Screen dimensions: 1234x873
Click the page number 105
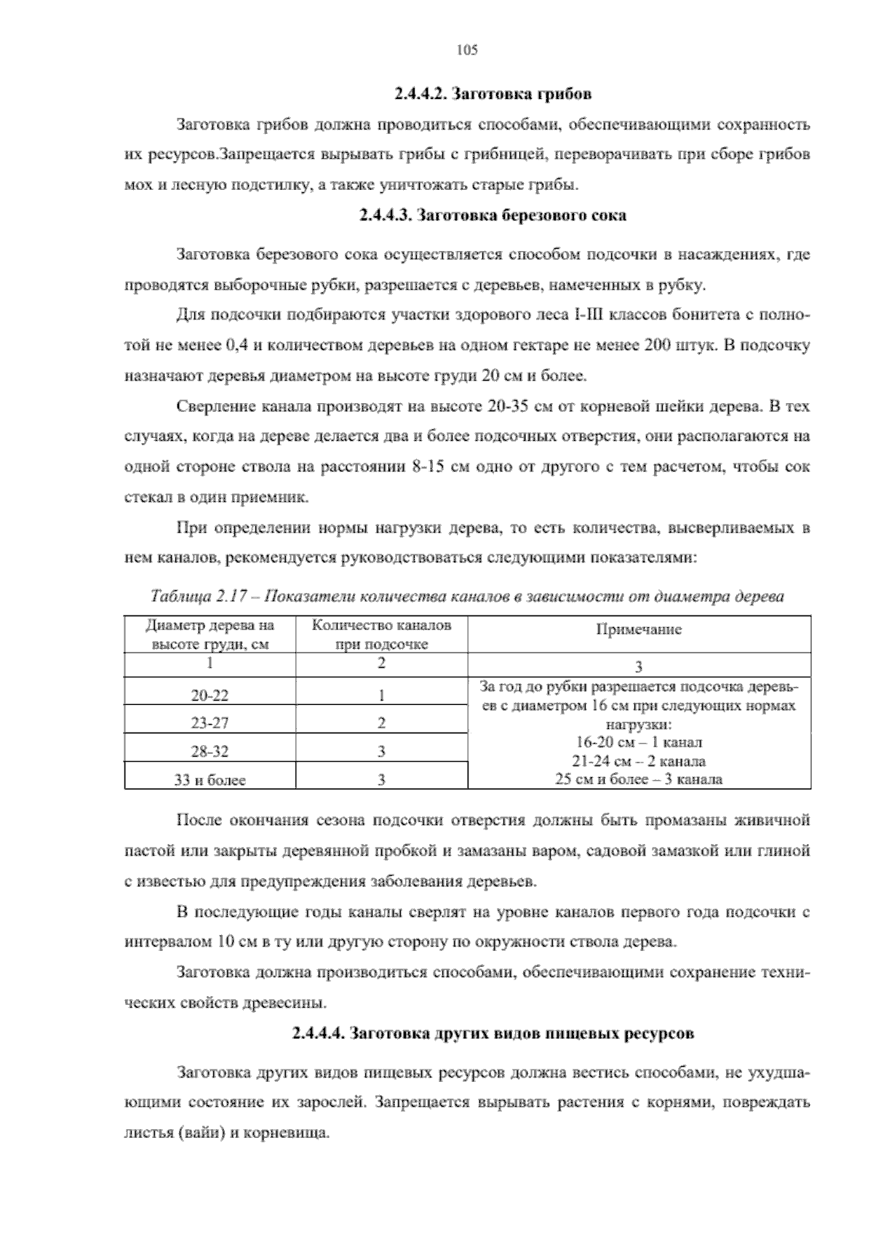[x=466, y=50]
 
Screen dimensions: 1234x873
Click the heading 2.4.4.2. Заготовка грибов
[x=493, y=94]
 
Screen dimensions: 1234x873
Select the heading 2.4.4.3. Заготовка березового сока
[x=493, y=216]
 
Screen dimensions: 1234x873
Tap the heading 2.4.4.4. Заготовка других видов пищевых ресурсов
[x=493, y=1033]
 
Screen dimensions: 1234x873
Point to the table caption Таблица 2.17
[x=466, y=597]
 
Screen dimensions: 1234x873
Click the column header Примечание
[x=639, y=630]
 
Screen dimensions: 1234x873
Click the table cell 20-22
[x=210, y=696]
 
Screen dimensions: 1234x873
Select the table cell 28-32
[x=210, y=752]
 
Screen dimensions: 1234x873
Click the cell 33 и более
[x=210, y=780]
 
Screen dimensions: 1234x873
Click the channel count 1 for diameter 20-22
[x=381, y=696]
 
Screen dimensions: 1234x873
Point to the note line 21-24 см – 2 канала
[x=639, y=762]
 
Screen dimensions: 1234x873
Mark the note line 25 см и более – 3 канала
[x=639, y=779]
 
